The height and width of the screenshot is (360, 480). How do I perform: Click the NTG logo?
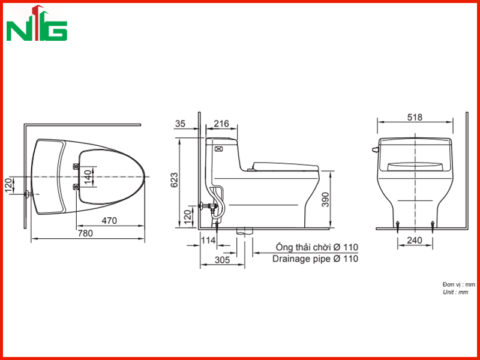37,23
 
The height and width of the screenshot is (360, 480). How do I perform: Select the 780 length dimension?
85,233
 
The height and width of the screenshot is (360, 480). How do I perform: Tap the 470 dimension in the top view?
109,220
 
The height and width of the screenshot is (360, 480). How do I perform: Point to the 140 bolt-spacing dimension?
88,176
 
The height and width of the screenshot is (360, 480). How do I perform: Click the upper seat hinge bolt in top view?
76,167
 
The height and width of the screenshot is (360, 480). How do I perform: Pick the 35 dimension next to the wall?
181,124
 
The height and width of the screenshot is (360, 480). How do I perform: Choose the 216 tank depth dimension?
221,124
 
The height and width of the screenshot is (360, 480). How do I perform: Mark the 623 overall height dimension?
174,180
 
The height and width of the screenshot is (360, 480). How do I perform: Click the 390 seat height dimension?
325,200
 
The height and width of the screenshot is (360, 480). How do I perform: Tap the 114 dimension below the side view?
208,241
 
